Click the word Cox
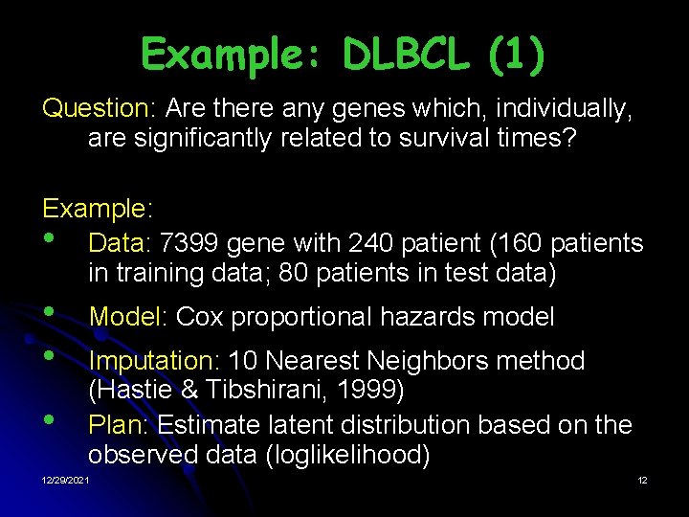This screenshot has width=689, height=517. [200, 316]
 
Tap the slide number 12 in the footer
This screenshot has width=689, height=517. [642, 480]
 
